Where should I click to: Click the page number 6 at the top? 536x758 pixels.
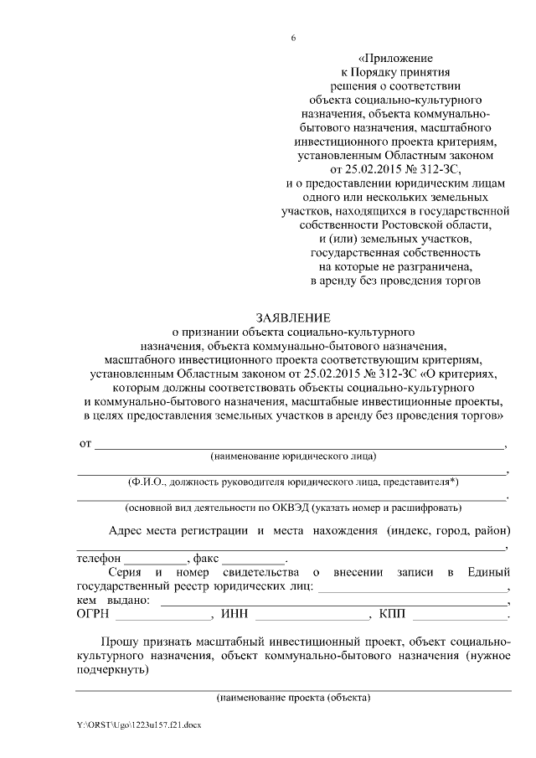click(293, 38)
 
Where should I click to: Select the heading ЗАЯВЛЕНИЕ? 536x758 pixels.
click(293, 317)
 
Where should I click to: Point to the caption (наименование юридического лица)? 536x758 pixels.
click(293, 456)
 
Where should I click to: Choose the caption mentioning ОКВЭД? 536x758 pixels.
click(292, 508)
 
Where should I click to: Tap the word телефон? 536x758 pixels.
click(99, 558)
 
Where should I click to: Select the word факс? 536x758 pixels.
click(207, 558)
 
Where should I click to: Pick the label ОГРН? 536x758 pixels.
click(93, 615)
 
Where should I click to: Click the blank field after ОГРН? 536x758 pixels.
click(163, 616)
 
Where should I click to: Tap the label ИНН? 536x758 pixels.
click(234, 615)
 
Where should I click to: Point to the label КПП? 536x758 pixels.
click(392, 615)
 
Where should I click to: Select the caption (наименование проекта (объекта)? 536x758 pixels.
click(292, 697)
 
